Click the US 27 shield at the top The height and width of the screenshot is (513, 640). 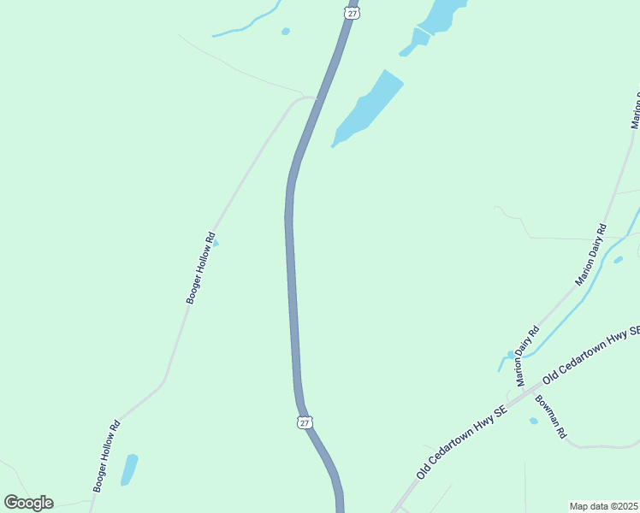tap(352, 12)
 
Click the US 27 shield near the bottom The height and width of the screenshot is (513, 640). tap(305, 422)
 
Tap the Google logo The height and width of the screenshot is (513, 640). tap(28, 503)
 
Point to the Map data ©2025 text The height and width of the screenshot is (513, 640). tap(604, 506)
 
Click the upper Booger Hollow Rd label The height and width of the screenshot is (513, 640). tap(200, 268)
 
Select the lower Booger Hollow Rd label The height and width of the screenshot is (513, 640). tap(106, 456)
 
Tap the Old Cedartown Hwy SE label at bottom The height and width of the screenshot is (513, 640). tap(462, 442)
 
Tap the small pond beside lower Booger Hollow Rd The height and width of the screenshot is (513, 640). tap(128, 469)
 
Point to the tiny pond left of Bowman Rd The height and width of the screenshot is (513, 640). tap(534, 421)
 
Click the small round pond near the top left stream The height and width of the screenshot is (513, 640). tap(285, 32)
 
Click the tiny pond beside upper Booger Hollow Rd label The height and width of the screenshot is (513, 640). tap(216, 244)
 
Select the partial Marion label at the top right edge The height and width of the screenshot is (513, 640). tap(636, 109)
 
